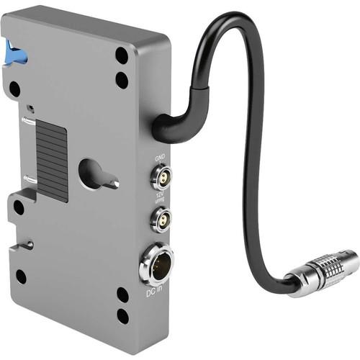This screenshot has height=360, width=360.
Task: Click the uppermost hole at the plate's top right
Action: (x=122, y=55)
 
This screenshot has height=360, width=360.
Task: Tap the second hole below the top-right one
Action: (x=122, y=79)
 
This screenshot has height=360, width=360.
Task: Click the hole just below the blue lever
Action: (x=14, y=89)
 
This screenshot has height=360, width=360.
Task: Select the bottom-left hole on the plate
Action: (x=21, y=276)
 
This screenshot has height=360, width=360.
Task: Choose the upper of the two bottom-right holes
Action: (x=123, y=294)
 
